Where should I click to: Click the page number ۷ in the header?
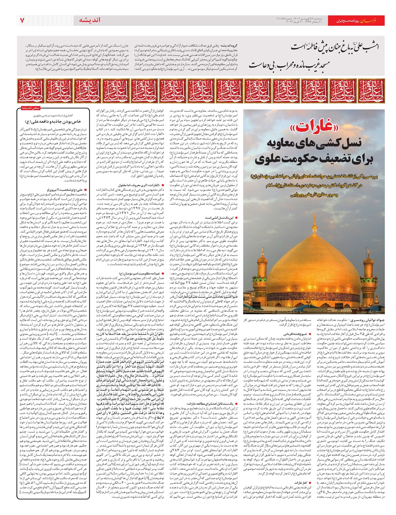click(22, 20)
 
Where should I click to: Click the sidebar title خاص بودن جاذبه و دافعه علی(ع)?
click(53, 121)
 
